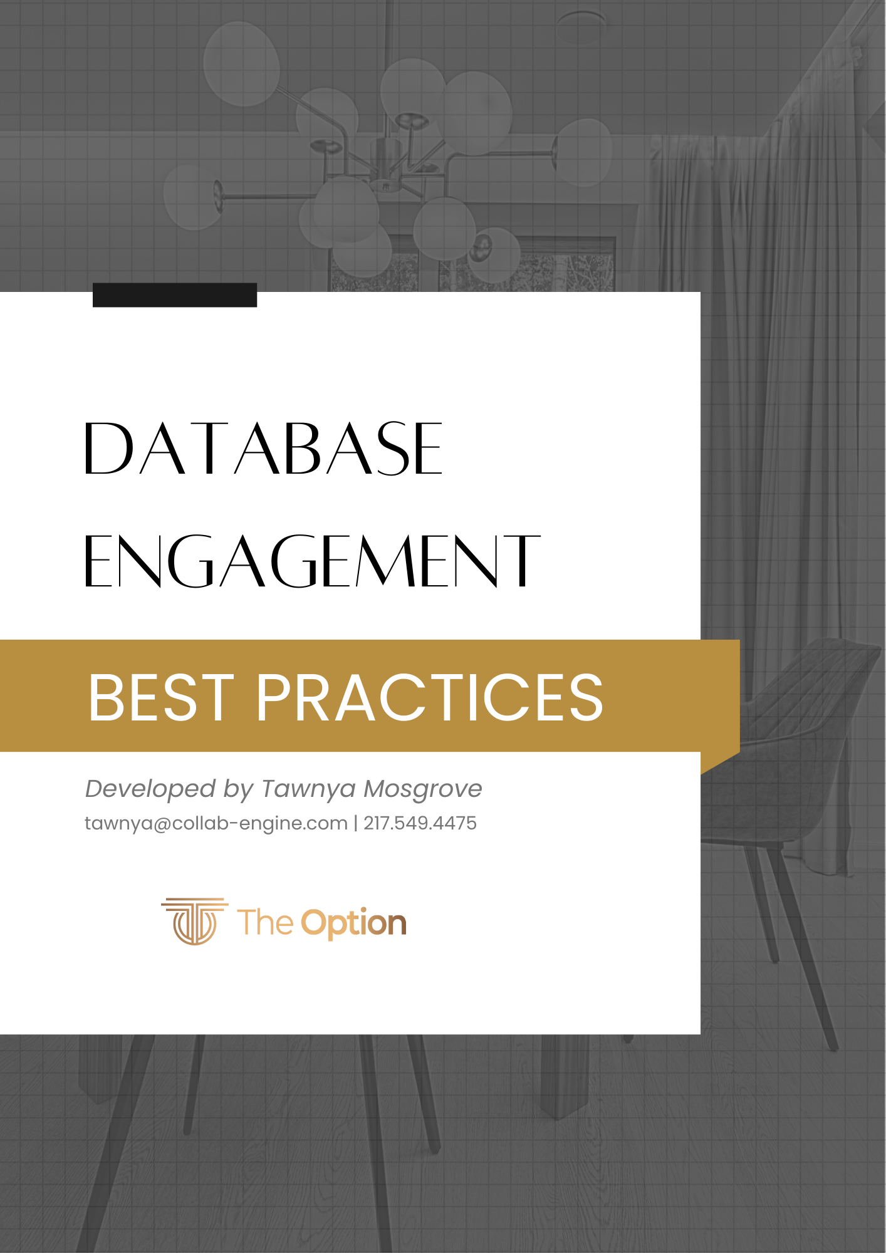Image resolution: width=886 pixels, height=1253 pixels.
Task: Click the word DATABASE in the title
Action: coord(263,448)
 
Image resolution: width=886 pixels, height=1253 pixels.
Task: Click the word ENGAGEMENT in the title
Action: coord(312,561)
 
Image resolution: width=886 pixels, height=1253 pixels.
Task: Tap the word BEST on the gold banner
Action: coord(161,697)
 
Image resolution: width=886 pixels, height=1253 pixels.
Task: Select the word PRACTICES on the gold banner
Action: coord(429,697)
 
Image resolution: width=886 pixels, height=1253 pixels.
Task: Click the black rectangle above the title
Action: coord(175,295)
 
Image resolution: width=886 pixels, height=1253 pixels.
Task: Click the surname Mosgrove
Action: coord(423,789)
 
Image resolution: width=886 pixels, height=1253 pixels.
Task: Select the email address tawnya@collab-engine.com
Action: coord(216,823)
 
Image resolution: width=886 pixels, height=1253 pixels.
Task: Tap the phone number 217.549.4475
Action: coord(420,823)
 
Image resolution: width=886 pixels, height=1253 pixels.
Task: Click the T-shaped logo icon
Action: coord(195,921)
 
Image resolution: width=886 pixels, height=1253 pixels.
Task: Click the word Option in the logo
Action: coord(354,923)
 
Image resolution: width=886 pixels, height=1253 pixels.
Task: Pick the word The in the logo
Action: coord(265,923)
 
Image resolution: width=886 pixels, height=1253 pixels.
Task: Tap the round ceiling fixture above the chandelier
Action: coord(582,25)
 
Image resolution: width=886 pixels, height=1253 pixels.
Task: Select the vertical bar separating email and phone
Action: coord(356,823)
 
